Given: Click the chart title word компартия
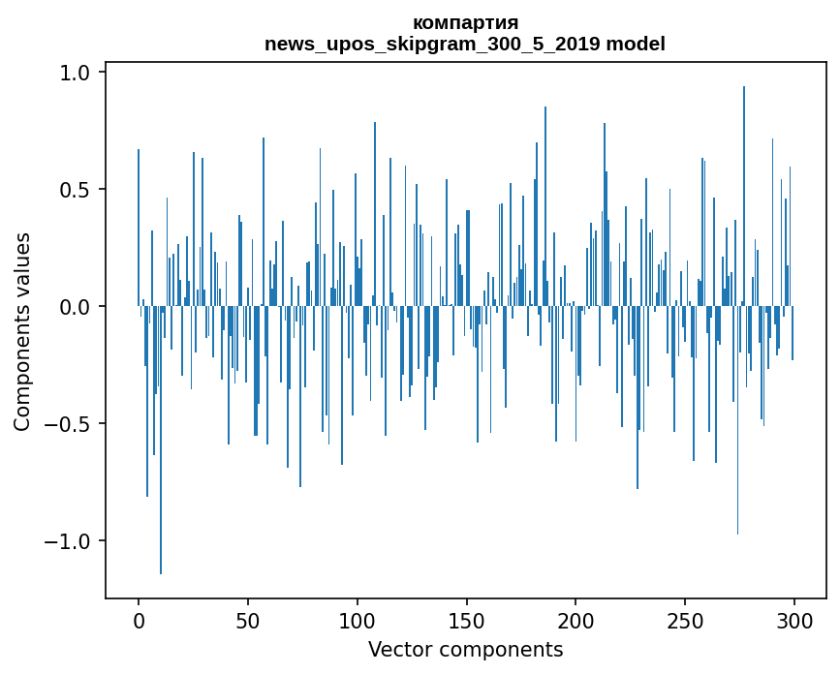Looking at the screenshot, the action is point(465,23).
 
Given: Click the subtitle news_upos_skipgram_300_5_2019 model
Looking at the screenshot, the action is point(465,44).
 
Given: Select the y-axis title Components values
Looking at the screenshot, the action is point(22,332).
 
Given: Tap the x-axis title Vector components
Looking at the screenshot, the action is point(465,650).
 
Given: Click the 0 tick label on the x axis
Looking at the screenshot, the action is point(139,621).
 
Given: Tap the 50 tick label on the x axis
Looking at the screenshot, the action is point(247,621).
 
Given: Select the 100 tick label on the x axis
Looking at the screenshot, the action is point(357,621).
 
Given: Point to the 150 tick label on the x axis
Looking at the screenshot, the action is point(466,621).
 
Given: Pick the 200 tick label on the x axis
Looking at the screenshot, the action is point(576,621).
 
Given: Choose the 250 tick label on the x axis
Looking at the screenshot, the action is point(685,621).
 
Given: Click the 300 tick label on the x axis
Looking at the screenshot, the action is point(793,621).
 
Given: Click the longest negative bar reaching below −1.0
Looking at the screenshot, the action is point(161,440).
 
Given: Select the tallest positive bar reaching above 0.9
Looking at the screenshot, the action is point(743,196).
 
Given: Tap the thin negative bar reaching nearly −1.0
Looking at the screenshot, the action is point(737,420).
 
